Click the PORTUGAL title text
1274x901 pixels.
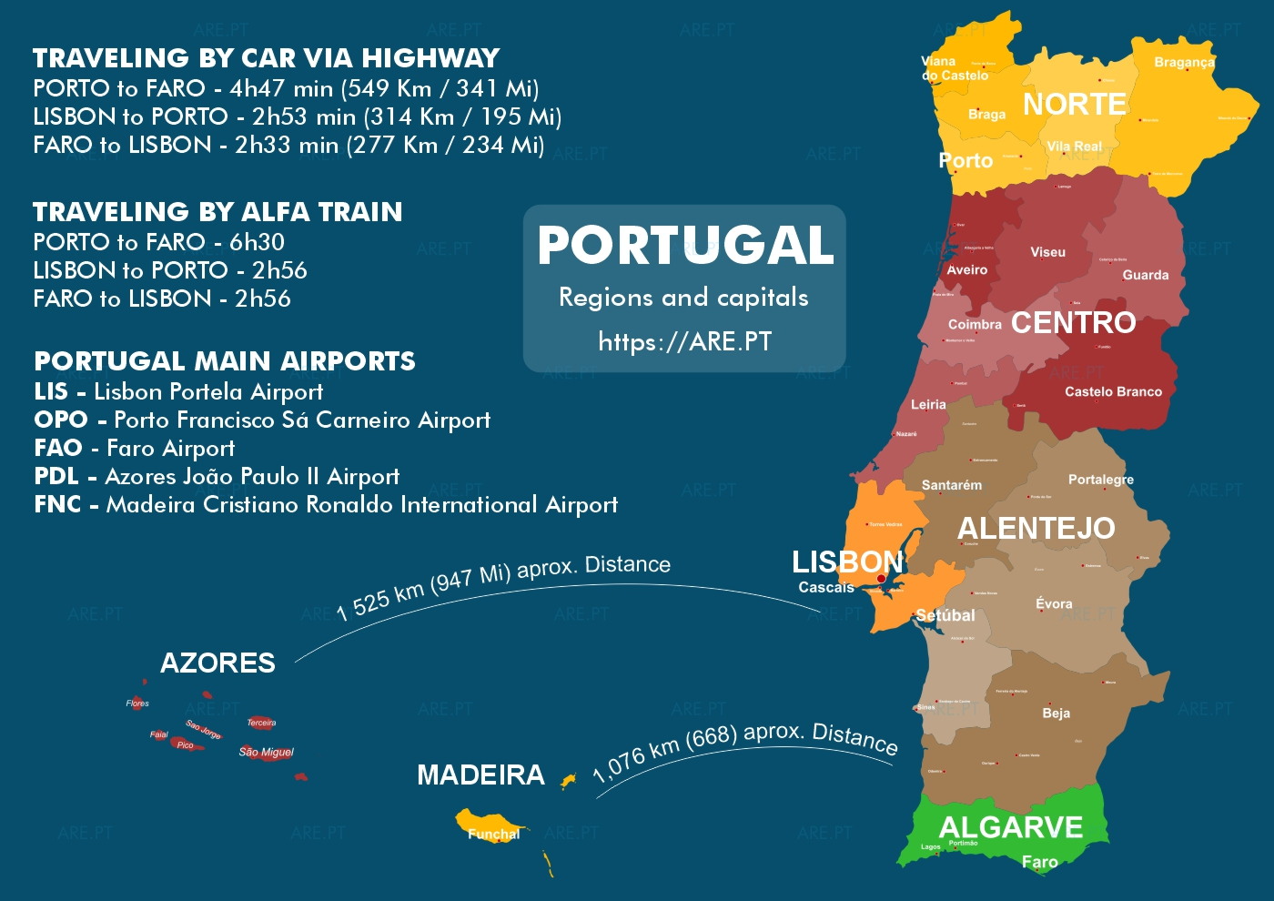[x=685, y=246]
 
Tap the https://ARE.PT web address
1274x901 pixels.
[x=684, y=341]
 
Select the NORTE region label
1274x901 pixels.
[x=1074, y=105]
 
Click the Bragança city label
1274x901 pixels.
[x=1184, y=63]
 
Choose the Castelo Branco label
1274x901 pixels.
[x=1113, y=391]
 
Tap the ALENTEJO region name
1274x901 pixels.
[x=1036, y=528]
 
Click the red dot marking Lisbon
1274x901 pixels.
[x=881, y=579]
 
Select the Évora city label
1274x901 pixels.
[x=1054, y=603]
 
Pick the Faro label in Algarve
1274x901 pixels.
[x=1039, y=861]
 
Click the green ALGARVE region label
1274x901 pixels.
[x=1010, y=827]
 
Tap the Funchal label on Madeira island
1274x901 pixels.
[x=493, y=834]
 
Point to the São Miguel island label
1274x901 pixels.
[x=266, y=752]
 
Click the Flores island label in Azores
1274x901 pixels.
[x=137, y=703]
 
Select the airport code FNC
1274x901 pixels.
[x=57, y=504]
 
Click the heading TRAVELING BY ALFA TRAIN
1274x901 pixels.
[x=217, y=212]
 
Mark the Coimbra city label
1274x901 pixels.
[x=975, y=324]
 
